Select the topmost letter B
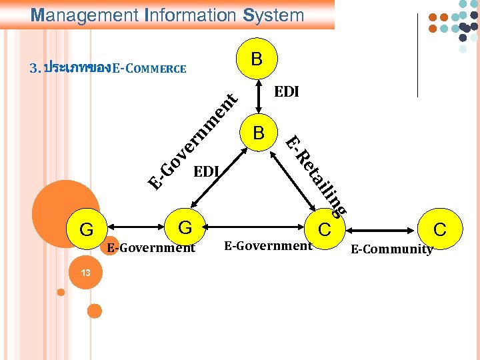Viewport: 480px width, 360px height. pos(257,60)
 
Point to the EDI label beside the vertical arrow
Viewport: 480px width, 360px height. pos(287,92)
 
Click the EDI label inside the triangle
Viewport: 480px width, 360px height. pos(206,172)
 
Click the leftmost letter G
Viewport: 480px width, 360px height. pos(86,230)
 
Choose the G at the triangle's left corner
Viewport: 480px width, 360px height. pos(185,228)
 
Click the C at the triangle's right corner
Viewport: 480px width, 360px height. pos(325,230)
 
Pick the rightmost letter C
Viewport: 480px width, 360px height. pos(440,230)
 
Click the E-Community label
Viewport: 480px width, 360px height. pos(392,249)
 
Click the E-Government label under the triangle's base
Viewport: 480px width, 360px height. pos(268,246)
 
